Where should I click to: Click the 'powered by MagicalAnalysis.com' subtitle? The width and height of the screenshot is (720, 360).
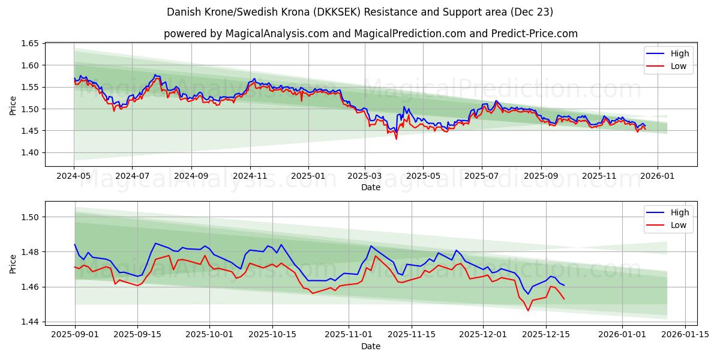[x=370, y=34]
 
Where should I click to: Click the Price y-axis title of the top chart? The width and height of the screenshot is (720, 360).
[x=13, y=104]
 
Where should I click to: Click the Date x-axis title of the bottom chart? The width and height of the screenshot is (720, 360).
[x=370, y=346]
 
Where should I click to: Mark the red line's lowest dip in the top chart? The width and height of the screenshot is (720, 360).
[x=396, y=139]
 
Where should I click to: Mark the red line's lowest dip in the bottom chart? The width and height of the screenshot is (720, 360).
[x=528, y=310]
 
